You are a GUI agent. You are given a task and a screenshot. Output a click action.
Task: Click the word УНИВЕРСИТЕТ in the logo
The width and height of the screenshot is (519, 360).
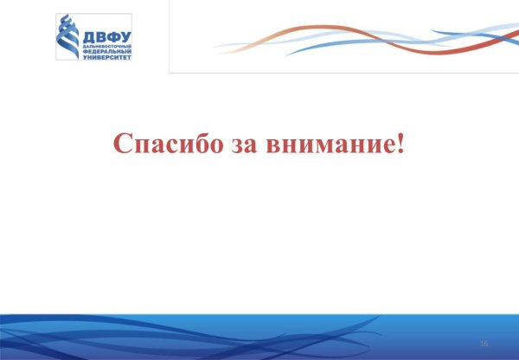click(106, 55)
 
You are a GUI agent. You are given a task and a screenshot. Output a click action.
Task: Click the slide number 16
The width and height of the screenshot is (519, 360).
click(484, 344)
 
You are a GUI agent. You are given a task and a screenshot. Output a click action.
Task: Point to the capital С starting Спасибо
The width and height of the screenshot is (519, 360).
click(123, 144)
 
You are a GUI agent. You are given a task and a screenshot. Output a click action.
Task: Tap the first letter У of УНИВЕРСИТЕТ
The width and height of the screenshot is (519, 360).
click(86, 55)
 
